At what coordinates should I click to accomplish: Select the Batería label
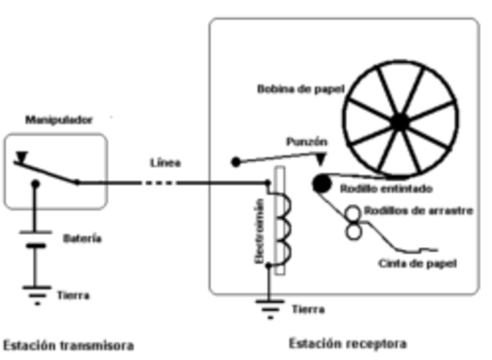tap(82, 238)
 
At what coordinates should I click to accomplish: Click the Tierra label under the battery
tap(73, 295)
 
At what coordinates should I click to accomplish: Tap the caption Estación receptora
tap(347, 343)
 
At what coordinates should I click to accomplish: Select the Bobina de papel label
tap(298, 88)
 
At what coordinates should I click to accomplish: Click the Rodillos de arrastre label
tap(413, 210)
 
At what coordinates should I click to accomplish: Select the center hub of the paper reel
tap(399, 122)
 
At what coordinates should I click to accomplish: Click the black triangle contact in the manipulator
tap(22, 158)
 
